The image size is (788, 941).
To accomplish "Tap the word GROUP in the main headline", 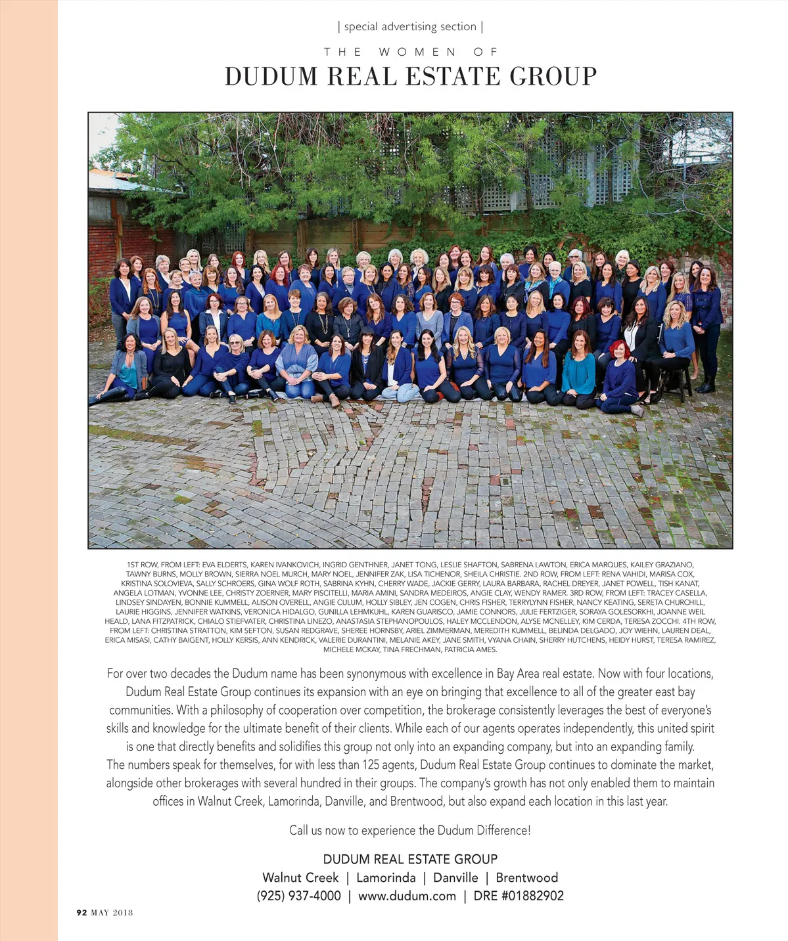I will (553, 77).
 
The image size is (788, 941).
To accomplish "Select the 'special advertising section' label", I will (410, 27).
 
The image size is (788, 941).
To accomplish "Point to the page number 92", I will (81, 912).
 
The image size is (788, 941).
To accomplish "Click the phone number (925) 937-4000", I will (298, 896).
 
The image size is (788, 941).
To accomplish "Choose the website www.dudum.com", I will (407, 896).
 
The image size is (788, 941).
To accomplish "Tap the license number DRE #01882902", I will (519, 896).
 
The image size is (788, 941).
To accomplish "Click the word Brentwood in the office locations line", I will (526, 877).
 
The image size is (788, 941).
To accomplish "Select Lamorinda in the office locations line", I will (386, 877).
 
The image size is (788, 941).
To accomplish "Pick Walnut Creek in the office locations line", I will (300, 877).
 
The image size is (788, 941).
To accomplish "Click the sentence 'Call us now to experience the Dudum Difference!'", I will (410, 830).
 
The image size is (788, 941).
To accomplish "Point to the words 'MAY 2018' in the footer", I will (112, 912).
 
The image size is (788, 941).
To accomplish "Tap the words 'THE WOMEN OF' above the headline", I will (410, 52).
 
